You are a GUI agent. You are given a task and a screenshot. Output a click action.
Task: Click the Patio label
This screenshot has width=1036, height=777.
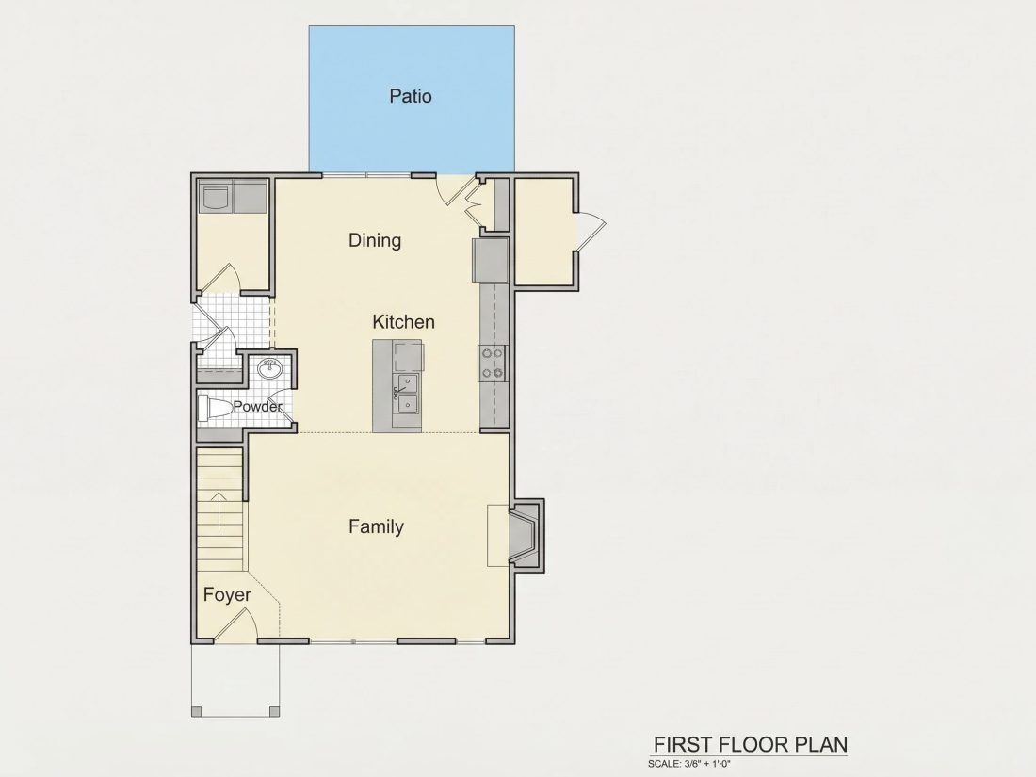pyautogui.click(x=411, y=96)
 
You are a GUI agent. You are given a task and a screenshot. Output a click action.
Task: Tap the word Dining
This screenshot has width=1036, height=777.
pyautogui.click(x=375, y=240)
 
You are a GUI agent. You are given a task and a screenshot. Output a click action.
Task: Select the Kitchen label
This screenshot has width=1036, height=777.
pyautogui.click(x=403, y=322)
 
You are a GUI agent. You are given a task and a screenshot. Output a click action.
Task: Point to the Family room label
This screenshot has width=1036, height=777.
pyautogui.click(x=376, y=526)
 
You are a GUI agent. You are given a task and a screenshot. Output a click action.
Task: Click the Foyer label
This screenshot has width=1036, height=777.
pyautogui.click(x=227, y=594)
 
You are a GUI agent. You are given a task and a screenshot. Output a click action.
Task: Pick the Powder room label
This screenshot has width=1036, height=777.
pyautogui.click(x=257, y=406)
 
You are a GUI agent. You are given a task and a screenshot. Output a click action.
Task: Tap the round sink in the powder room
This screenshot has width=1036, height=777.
pyautogui.click(x=269, y=368)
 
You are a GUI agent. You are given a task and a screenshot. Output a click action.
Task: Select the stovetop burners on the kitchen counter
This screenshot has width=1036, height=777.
pyautogui.click(x=493, y=364)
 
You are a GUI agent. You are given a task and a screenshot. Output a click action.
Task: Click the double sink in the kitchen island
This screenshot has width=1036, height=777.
pyautogui.click(x=406, y=394)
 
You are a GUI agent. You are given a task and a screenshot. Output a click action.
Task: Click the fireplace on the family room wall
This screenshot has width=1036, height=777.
pyautogui.click(x=526, y=535)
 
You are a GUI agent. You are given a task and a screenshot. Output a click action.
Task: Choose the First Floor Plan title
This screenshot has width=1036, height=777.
pyautogui.click(x=751, y=745)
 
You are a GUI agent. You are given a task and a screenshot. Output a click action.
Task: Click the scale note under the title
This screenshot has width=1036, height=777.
pyautogui.click(x=689, y=764)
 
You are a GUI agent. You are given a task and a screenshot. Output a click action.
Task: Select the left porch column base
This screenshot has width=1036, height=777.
pyautogui.click(x=196, y=711)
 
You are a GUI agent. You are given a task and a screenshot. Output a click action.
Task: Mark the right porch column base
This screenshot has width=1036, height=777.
pyautogui.click(x=274, y=711)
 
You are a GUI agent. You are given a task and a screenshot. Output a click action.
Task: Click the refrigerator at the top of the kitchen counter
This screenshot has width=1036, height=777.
pyautogui.click(x=491, y=260)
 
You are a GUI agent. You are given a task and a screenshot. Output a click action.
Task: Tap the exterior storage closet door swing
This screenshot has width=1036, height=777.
pyautogui.click(x=591, y=232)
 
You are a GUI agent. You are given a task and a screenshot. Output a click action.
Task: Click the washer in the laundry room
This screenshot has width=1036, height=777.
pyautogui.click(x=216, y=197)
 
